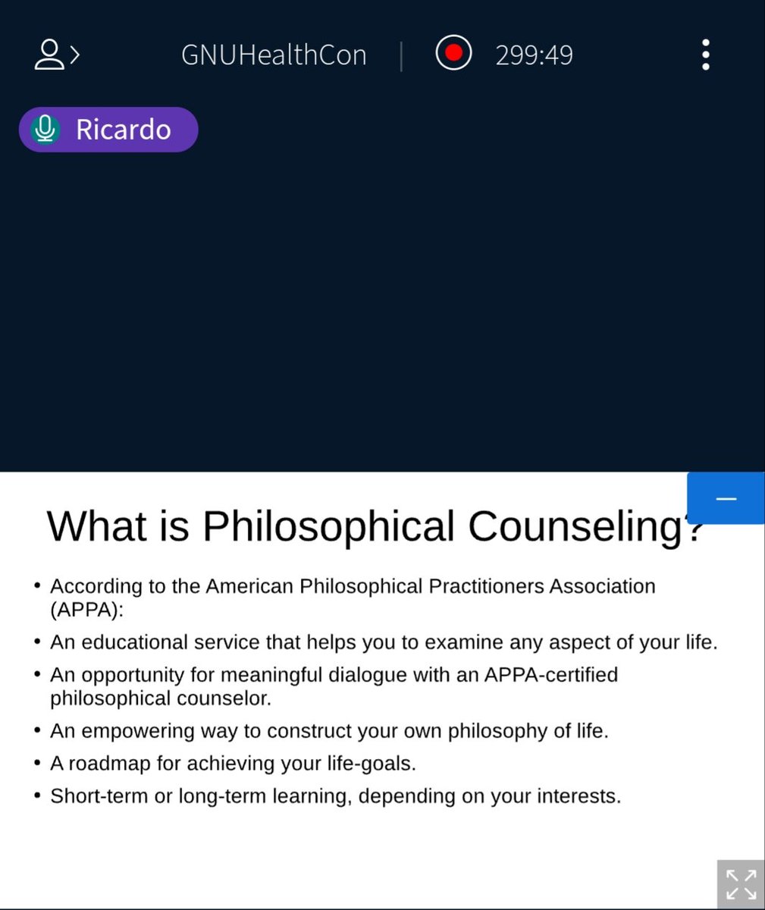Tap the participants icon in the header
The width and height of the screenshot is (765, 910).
[55, 55]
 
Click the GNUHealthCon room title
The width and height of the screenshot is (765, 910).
[274, 55]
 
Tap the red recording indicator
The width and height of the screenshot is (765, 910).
[453, 54]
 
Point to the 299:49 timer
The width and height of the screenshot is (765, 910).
[534, 55]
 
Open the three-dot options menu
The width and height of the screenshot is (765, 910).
[706, 55]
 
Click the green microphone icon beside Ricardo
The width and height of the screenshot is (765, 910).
[45, 130]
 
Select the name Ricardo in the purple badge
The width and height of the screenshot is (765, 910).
[123, 130]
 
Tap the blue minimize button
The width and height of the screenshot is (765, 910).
[726, 498]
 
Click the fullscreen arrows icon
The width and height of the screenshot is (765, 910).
[741, 884]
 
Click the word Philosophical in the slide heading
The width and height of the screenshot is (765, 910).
[328, 526]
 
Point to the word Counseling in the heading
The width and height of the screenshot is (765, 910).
[576, 526]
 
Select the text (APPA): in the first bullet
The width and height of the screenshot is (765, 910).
[86, 610]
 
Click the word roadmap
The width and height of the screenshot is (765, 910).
[109, 763]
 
